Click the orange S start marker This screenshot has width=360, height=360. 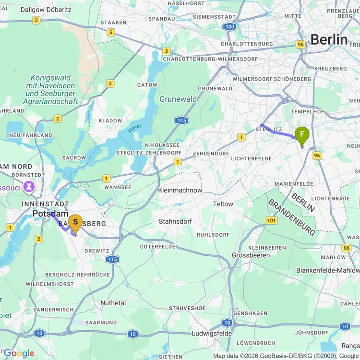[x=75, y=222]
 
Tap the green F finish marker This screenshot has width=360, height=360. [x=302, y=134]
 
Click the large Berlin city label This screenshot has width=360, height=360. [x=329, y=40]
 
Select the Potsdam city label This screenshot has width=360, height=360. [x=50, y=214]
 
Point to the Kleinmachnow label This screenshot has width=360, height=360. [x=180, y=190]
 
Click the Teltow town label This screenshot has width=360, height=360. [x=223, y=204]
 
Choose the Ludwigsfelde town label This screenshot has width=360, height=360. [x=212, y=333]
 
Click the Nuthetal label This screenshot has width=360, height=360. [x=113, y=303]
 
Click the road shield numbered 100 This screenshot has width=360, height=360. [x=230, y=26]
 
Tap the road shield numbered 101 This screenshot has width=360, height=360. [x=271, y=220]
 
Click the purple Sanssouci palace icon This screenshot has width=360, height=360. [x=29, y=187]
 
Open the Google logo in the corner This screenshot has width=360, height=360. [x=18, y=354]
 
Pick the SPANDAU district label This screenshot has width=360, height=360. [x=162, y=19]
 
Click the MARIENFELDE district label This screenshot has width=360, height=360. [x=294, y=184]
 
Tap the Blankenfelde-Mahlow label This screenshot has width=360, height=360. [x=327, y=270]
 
